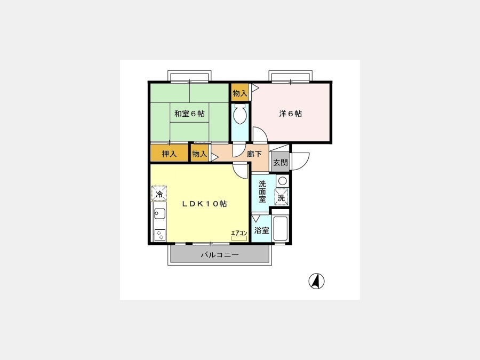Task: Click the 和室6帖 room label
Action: [189, 114]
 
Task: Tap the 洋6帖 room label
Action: [290, 114]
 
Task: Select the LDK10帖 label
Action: [204, 204]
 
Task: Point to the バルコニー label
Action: [220, 255]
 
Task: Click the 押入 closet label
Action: [169, 154]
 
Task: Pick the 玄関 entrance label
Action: [281, 162]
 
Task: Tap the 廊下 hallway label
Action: [254, 154]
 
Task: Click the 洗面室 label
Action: [262, 191]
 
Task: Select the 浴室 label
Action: [262, 230]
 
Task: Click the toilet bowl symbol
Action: [239, 115]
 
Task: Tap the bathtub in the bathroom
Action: [280, 228]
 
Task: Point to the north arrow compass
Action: [316, 281]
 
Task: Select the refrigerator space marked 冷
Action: [159, 193]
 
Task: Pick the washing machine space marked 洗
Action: [281, 196]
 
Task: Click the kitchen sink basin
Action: [159, 213]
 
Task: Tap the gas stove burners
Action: [159, 235]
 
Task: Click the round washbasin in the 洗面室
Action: [282, 181]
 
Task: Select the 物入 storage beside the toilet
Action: [239, 93]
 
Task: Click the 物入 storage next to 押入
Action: [199, 154]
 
